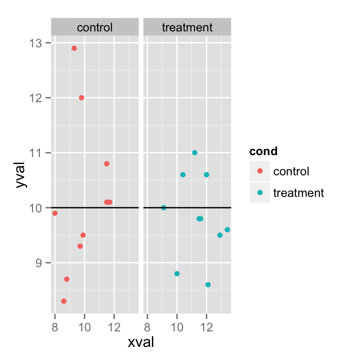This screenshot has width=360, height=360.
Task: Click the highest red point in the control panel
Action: [74, 48]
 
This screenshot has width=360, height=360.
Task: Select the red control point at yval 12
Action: [82, 97]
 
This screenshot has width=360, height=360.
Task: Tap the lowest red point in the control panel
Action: [64, 301]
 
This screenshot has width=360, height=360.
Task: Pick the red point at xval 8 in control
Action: [55, 213]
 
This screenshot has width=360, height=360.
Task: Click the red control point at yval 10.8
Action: [106, 164]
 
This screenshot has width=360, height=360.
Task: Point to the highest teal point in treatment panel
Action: [195, 153]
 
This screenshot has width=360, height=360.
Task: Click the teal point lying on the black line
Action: [164, 208]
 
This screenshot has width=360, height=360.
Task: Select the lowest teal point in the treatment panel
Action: [208, 285]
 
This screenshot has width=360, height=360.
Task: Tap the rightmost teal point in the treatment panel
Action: [227, 230]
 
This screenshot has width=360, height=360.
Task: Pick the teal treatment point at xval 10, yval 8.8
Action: [177, 274]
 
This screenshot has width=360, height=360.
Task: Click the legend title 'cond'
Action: [263, 151]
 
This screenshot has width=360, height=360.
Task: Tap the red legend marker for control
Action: [260, 171]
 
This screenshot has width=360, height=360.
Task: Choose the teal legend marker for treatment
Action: [260, 192]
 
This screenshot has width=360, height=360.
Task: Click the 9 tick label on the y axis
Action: [39, 263]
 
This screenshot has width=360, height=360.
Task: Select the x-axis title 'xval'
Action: [141, 342]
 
